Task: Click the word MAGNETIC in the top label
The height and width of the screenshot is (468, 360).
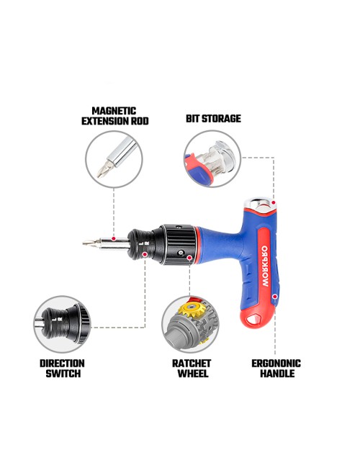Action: click(114, 111)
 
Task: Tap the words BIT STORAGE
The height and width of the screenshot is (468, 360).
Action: click(213, 119)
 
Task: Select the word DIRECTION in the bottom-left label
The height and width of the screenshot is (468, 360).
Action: click(62, 363)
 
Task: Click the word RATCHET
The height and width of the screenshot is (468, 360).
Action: click(192, 363)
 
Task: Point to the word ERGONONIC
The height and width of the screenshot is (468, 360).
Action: click(276, 363)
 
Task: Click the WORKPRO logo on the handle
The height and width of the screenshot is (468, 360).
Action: click(265, 266)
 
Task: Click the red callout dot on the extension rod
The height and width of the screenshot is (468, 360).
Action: click(114, 238)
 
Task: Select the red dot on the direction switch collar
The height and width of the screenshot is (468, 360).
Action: click(145, 254)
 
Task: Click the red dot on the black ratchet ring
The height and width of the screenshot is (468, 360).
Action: click(189, 258)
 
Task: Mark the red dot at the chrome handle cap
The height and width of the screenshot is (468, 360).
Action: click(274, 202)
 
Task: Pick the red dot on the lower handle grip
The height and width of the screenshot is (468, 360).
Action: click(275, 297)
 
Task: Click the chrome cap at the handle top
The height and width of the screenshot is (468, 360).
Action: click(258, 204)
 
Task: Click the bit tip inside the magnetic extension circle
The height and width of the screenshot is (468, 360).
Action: click(103, 171)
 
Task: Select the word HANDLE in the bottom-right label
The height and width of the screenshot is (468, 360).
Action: click(277, 374)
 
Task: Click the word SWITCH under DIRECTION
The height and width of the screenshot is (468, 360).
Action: click(63, 374)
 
